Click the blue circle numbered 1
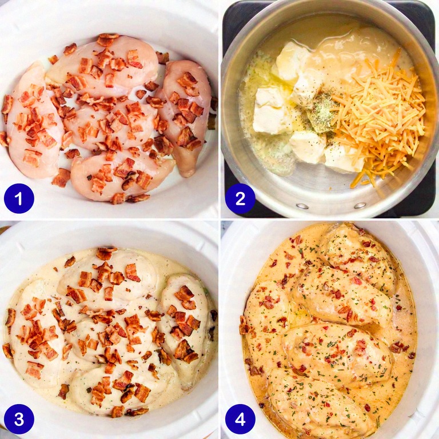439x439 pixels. (x=19, y=198)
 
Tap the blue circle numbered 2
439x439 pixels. (x=240, y=198)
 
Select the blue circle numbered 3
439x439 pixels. (x=19, y=419)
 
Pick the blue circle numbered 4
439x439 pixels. (x=240, y=419)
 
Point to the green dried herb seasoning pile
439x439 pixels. (x=322, y=112)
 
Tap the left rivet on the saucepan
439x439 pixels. (x=302, y=206)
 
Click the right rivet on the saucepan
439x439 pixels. (x=360, y=205)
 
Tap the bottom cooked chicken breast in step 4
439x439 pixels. (x=316, y=403)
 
